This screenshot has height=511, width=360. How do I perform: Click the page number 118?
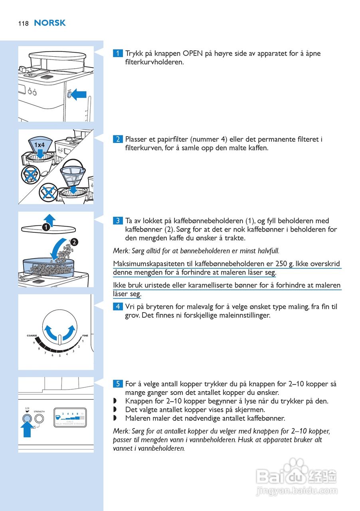[x=23, y=24]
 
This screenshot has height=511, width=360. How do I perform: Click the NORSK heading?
[x=50, y=23]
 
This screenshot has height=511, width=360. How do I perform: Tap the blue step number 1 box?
[x=118, y=53]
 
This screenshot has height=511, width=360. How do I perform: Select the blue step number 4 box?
[x=118, y=307]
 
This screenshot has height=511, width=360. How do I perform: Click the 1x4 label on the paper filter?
[x=39, y=145]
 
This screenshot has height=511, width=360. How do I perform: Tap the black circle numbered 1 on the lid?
[x=46, y=227]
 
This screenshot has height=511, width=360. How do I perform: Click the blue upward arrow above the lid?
[x=49, y=219]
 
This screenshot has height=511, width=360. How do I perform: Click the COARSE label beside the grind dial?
[x=32, y=336]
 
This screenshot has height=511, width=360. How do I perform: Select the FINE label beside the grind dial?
[x=85, y=336]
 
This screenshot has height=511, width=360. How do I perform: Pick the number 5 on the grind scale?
[x=59, y=356]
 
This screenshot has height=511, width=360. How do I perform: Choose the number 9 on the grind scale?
[x=34, y=343]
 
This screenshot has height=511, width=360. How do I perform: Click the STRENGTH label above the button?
[x=40, y=411]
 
